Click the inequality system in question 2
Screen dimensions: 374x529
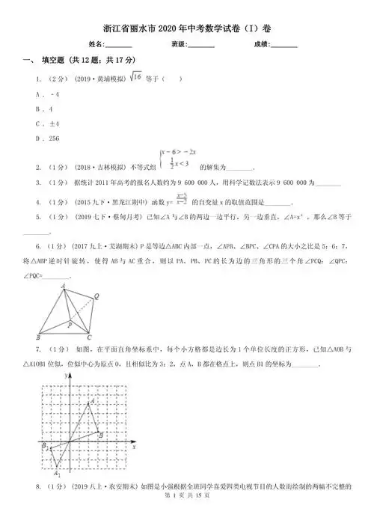pyautogui.click(x=177, y=159)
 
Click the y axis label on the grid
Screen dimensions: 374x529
pyautogui.click(x=73, y=380)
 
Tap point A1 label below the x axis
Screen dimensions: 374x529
pyautogui.click(x=57, y=474)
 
